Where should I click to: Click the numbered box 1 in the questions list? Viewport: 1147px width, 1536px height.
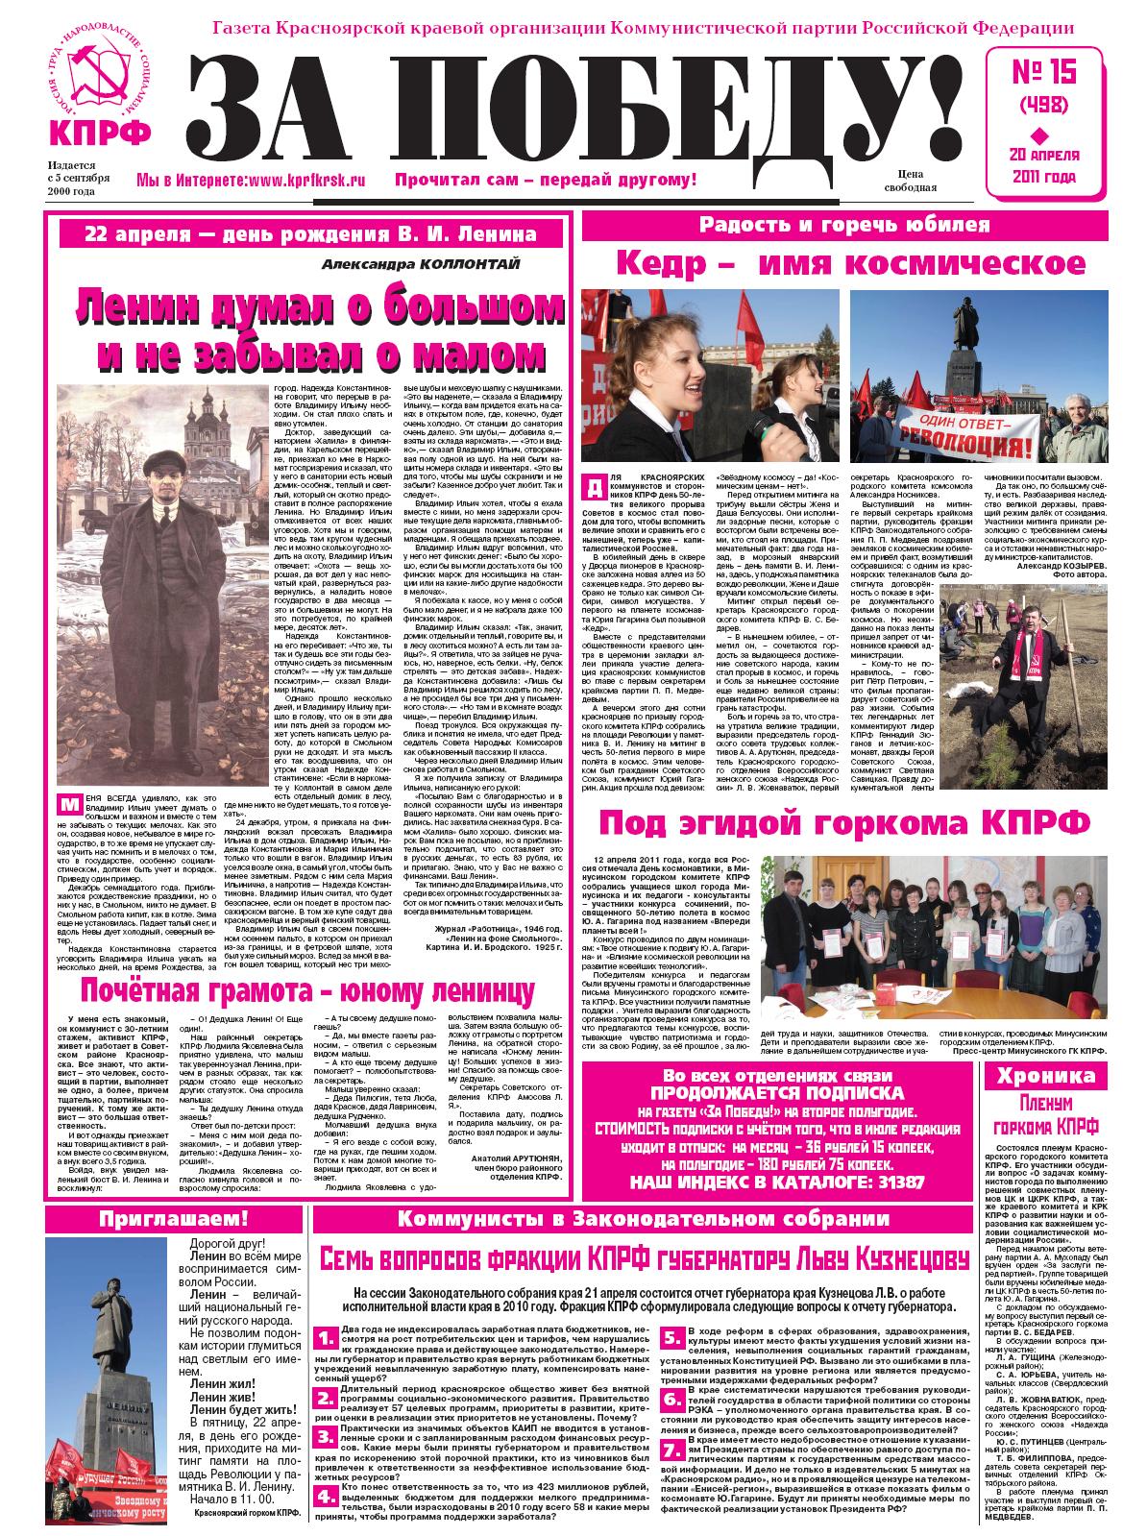point(327,1336)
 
